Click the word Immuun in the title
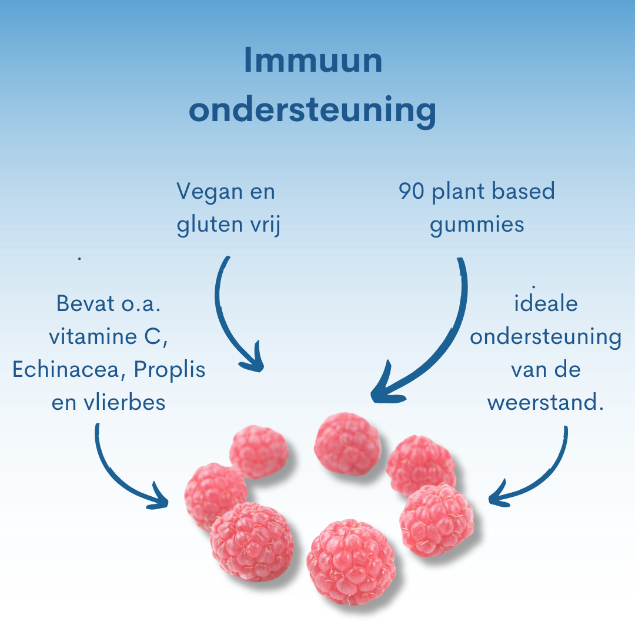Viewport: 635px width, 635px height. click(313, 61)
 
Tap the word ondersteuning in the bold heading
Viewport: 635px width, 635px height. click(313, 111)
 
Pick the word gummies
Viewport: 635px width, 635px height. click(477, 225)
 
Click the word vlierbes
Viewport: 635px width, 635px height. click(125, 402)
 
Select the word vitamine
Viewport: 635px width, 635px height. click(93, 336)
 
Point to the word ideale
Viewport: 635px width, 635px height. click(546, 303)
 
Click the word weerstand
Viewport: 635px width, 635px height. click(542, 403)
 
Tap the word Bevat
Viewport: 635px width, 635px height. click(86, 303)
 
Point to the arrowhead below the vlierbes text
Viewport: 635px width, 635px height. click(159, 498)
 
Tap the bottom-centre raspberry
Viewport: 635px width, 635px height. click(350, 562)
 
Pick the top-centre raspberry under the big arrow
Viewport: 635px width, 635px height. click(347, 444)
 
